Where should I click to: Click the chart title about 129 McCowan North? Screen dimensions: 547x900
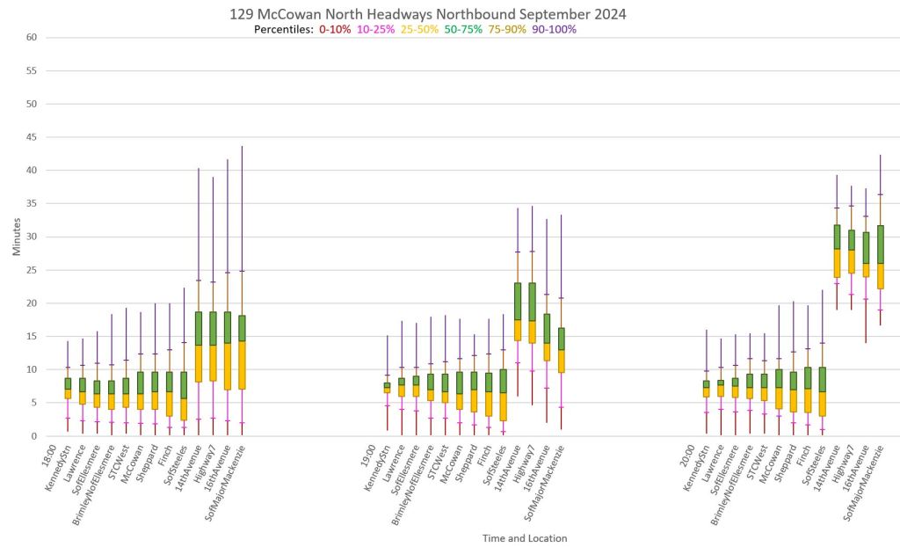click(428, 14)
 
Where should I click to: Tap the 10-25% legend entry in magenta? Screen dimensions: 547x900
click(377, 29)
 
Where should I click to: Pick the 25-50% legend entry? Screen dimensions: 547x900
click(420, 29)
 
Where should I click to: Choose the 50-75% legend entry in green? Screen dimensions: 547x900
click(463, 29)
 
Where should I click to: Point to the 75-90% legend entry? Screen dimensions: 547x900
click(507, 29)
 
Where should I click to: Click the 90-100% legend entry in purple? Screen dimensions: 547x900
click(553, 29)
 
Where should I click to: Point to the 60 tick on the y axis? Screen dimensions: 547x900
click(31, 38)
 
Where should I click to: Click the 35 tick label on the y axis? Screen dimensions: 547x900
click(31, 204)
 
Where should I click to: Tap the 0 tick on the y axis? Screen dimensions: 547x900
click(33, 436)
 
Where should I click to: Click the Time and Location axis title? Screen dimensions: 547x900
click(524, 537)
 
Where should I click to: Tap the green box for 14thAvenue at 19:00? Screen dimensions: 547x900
click(518, 301)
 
